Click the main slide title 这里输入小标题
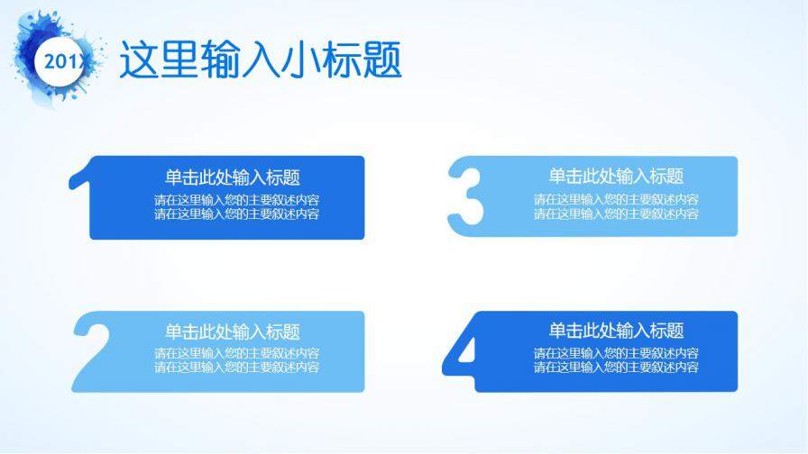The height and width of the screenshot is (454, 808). (261, 60)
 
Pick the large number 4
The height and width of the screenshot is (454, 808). (459, 353)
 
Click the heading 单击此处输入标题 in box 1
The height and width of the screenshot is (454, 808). (233, 177)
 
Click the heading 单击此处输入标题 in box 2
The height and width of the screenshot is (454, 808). (233, 332)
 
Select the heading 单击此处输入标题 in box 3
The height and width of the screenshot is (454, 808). (616, 177)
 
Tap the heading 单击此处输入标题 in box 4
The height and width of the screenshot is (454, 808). (616, 331)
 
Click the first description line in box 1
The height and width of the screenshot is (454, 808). (236, 200)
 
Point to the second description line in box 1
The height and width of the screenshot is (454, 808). (236, 214)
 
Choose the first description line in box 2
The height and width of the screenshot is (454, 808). (236, 354)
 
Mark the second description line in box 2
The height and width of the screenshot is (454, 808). (236, 368)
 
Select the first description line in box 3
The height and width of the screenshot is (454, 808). (616, 200)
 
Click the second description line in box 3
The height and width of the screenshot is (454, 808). (616, 214)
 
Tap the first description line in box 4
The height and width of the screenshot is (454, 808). (616, 354)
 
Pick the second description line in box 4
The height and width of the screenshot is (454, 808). (616, 368)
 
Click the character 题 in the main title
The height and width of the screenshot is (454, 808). (381, 60)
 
